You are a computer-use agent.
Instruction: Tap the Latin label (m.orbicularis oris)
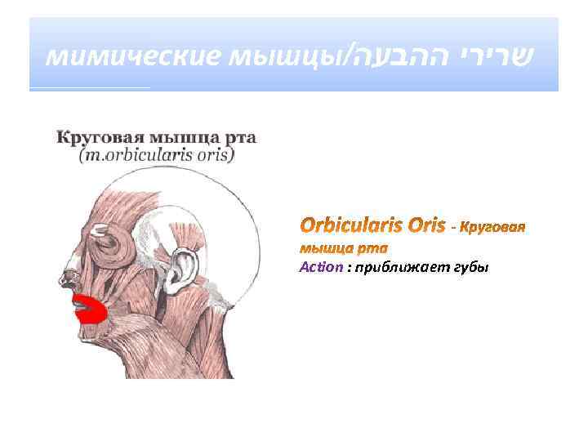click(156, 154)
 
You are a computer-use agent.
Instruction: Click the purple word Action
click(317, 268)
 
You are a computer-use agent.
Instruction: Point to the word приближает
click(395, 268)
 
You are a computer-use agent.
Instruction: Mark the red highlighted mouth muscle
click(92, 311)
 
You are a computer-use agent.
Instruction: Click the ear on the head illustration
click(185, 265)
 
